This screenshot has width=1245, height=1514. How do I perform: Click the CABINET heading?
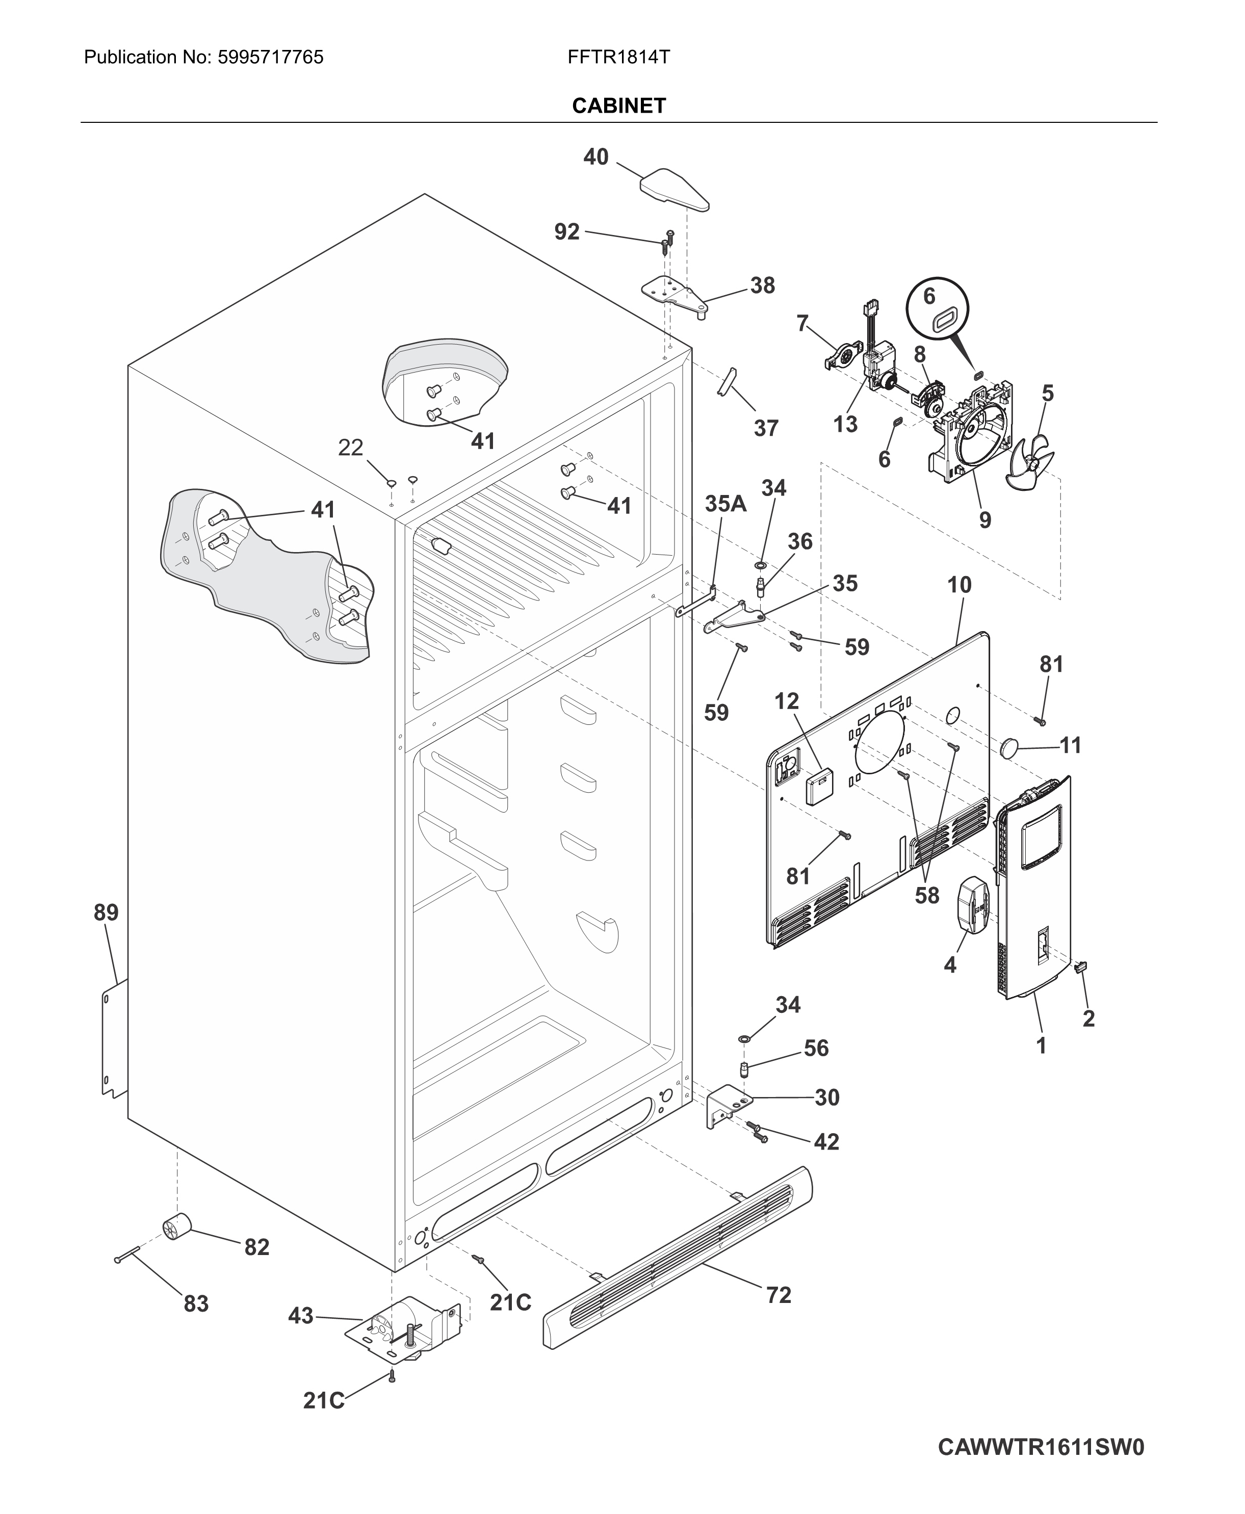click(618, 106)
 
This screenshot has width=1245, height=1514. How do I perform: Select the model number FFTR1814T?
click(618, 58)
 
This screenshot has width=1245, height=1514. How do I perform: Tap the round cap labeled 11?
click(1010, 747)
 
